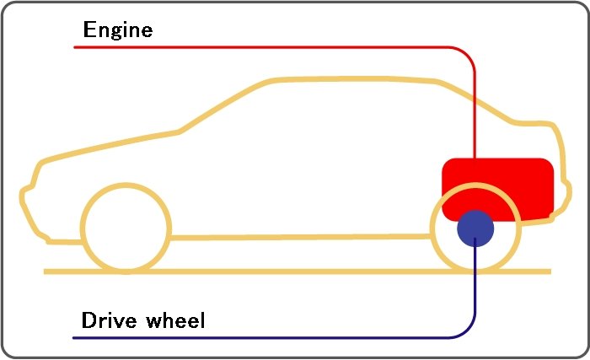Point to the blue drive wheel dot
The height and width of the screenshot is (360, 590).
(x=475, y=228)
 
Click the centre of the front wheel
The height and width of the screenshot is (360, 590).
(x=126, y=228)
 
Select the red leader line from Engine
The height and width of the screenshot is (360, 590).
(x=253, y=47)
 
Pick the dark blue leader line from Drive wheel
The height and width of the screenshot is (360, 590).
(x=253, y=338)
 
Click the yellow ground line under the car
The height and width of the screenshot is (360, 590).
(x=295, y=271)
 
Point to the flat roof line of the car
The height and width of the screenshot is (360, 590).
(x=354, y=81)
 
